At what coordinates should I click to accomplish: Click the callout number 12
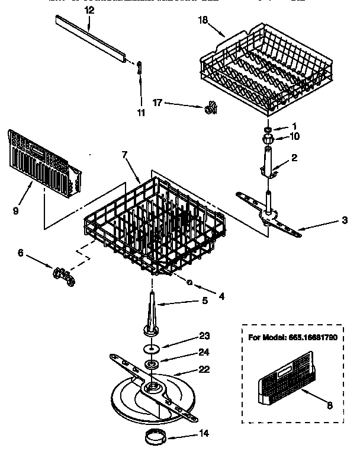pos(89,10)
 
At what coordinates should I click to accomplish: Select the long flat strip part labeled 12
pos(92,38)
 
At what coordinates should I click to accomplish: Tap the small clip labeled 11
pos(139,68)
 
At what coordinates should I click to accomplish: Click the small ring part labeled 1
pos(268,128)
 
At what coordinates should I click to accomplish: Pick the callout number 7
pos(124,155)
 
